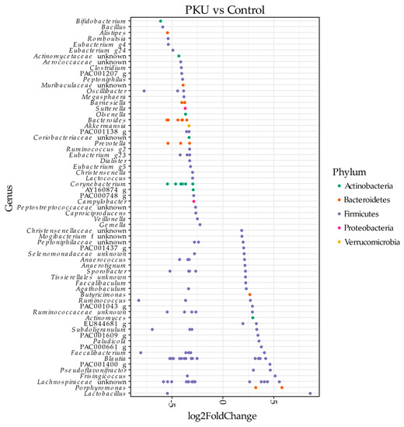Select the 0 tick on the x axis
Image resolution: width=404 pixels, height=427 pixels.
[x=224, y=403]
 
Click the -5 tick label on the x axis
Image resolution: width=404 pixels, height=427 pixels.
[x=172, y=404]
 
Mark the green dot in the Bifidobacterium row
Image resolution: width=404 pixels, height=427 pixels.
[x=161, y=21]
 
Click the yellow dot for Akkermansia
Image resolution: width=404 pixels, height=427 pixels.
[x=189, y=126]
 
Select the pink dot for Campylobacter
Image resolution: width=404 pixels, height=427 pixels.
[x=193, y=201]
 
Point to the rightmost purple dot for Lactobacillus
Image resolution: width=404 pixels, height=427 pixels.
[x=310, y=394]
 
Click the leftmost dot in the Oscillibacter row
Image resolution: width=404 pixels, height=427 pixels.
[x=145, y=91]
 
